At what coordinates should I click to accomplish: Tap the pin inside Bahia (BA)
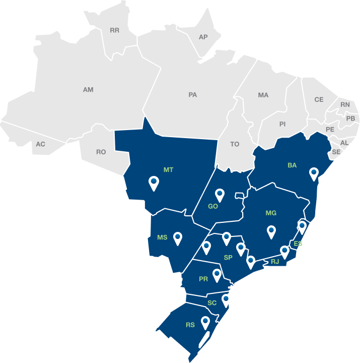coord(314,173)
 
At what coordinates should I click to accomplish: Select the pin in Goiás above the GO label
coord(220,194)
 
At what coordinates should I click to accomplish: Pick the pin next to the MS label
coord(177,237)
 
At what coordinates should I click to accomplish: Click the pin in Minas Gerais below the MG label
coord(271,231)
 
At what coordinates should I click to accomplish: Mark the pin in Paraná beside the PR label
coord(217,275)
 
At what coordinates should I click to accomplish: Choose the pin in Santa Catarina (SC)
coord(226,300)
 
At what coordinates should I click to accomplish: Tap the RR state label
coord(114,30)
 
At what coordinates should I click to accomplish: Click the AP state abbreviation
coord(203,37)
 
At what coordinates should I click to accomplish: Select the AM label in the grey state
coord(88,90)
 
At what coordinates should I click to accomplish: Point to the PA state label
coord(192,94)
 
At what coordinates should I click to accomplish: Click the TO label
coord(235,144)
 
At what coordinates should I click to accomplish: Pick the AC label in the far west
coord(40,144)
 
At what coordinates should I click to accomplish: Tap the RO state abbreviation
coord(101,152)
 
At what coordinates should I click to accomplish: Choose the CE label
coord(319,99)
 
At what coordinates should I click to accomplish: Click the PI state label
coord(282,124)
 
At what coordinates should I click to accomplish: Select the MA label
coord(263,95)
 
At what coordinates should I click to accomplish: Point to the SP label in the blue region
coord(228,258)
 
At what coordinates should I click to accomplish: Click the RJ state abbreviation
coord(275,262)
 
